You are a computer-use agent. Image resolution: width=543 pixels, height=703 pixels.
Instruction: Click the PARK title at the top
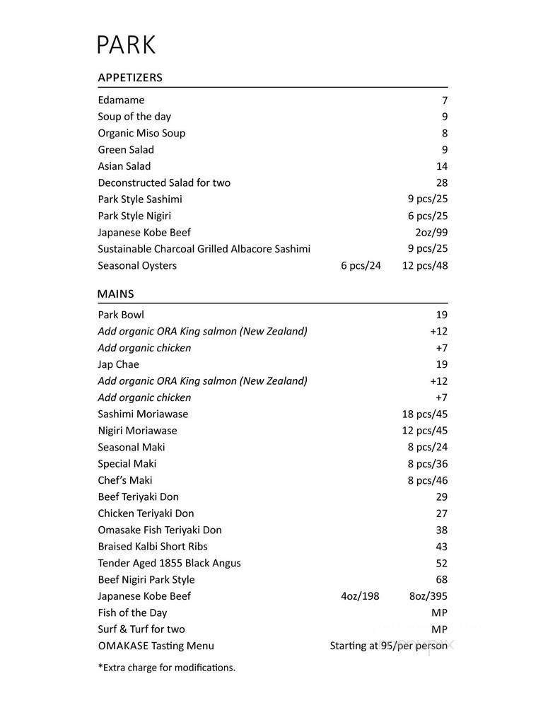[x=126, y=45]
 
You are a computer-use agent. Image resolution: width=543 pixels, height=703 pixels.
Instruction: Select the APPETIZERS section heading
[x=130, y=78]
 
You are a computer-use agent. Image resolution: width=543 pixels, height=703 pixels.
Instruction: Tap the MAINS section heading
[x=115, y=294]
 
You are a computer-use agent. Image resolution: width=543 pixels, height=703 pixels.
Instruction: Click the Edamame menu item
[x=121, y=100]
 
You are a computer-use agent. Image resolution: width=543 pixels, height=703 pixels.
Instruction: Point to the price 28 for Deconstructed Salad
[x=441, y=183]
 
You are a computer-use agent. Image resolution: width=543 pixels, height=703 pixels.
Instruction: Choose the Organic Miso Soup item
[x=141, y=133]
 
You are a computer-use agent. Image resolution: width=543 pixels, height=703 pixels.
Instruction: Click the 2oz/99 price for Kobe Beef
[x=431, y=233]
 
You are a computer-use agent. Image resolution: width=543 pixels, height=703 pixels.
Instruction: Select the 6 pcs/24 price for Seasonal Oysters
[x=361, y=266]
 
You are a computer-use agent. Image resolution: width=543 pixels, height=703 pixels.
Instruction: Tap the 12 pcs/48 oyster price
[x=425, y=266]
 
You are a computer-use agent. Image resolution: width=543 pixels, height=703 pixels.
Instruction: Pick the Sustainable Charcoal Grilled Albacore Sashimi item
[x=204, y=249]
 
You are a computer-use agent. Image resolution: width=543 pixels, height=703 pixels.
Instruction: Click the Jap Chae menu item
[x=118, y=365]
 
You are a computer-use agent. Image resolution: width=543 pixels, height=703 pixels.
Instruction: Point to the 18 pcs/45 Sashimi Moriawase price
[x=425, y=414]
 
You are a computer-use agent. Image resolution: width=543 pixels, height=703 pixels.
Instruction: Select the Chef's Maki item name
[x=125, y=481]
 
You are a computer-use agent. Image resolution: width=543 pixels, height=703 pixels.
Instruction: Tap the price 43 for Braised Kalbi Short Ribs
[x=441, y=547]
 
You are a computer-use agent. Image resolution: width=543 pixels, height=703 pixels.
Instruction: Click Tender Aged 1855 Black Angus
[x=169, y=564]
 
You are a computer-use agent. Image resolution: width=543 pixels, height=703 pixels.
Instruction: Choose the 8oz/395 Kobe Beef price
[x=428, y=596]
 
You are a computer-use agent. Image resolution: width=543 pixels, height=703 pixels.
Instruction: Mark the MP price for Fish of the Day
[x=439, y=613]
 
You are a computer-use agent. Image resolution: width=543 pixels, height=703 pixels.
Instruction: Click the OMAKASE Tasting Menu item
[x=156, y=646]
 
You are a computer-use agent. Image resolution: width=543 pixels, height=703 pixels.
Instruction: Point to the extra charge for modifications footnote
[x=166, y=668]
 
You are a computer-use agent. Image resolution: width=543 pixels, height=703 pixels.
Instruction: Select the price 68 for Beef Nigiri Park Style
[x=441, y=580]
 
